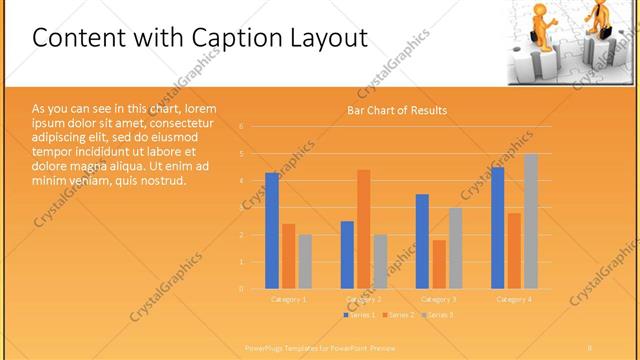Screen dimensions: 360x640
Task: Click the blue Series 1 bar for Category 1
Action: [272, 231]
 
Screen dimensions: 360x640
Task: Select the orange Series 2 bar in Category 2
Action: [363, 229]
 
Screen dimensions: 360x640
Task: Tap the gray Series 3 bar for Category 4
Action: [531, 221]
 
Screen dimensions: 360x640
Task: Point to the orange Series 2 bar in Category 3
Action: [439, 264]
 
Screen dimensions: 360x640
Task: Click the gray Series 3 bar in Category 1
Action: [305, 261]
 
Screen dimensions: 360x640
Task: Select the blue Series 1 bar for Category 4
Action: [498, 228]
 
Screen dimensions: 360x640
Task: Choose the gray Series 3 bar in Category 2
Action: [380, 261]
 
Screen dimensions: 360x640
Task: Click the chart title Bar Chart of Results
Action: [397, 110]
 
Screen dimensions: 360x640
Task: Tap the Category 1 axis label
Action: [289, 299]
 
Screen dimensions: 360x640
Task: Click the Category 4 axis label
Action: [514, 299]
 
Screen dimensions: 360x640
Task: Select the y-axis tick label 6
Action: [241, 127]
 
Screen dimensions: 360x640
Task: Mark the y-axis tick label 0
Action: [241, 289]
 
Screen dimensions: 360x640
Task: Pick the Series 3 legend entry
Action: [438, 315]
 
